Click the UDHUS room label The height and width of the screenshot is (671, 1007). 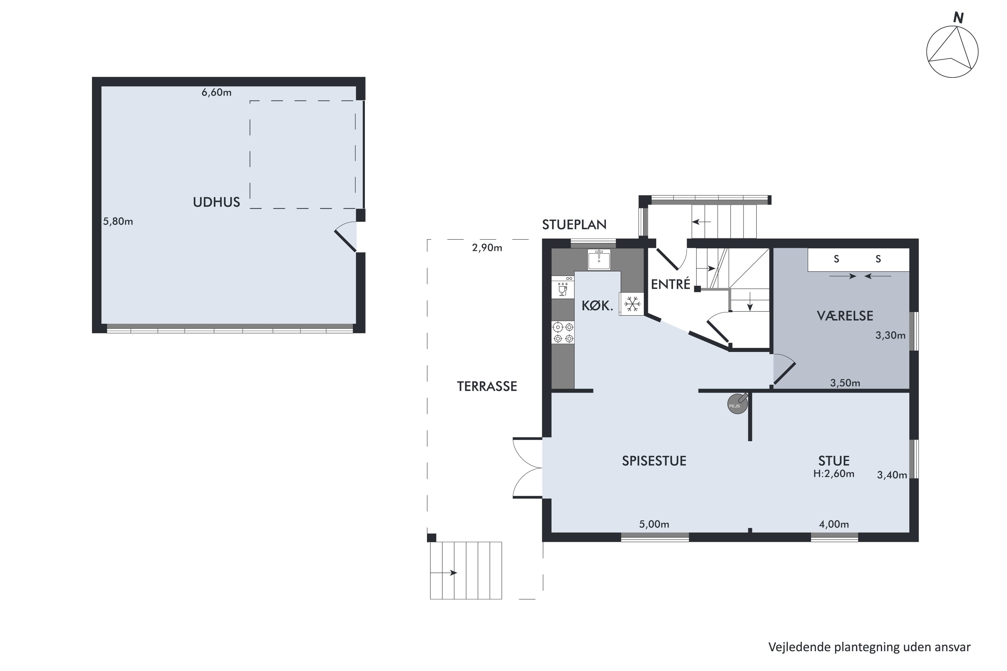(216, 202)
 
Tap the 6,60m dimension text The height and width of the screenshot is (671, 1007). (217, 93)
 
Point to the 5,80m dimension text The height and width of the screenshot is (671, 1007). (118, 222)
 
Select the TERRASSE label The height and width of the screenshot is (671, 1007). (487, 386)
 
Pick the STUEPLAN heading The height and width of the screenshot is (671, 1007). (574, 225)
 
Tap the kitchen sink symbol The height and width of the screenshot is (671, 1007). (599, 260)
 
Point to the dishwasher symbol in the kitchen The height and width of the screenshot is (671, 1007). (563, 287)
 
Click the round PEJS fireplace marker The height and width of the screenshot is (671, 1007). (737, 404)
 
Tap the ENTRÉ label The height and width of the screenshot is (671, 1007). (670, 284)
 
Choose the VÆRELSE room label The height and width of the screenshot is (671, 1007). (845, 316)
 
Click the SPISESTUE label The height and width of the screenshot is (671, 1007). (654, 461)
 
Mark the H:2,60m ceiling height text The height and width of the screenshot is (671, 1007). (833, 474)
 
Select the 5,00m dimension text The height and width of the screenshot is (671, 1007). (654, 524)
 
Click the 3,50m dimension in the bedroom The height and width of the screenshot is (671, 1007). (845, 383)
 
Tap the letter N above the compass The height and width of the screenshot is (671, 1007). (958, 18)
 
